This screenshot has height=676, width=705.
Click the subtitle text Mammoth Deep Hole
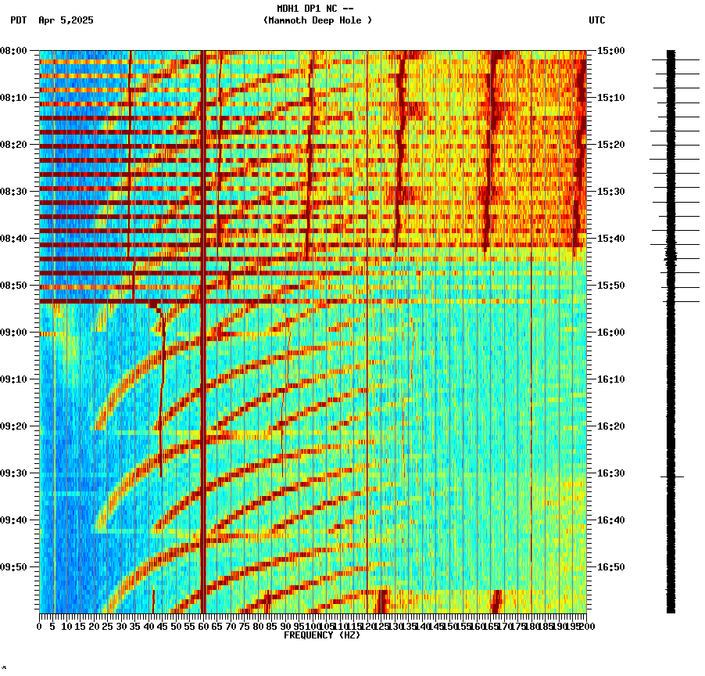tap(317, 20)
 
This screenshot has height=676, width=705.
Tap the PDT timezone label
tap(18, 20)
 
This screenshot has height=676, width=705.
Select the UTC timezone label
tap(597, 20)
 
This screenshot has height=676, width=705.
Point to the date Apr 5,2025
tap(66, 20)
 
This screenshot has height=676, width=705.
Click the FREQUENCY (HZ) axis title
tap(322, 635)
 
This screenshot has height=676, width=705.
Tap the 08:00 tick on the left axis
tap(14, 51)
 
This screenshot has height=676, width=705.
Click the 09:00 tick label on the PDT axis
tap(14, 333)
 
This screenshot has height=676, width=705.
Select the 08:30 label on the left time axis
tap(14, 192)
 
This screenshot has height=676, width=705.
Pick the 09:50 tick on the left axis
tap(14, 567)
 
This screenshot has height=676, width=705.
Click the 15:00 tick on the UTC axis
tap(611, 51)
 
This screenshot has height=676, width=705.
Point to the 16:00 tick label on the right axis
tap(611, 333)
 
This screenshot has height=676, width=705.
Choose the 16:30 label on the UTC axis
tap(611, 473)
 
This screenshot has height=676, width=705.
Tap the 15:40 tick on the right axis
tap(611, 239)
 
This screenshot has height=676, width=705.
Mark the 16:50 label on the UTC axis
tap(611, 567)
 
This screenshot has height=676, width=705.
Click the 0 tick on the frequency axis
tap(40, 627)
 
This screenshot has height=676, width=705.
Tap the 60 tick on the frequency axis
tap(203, 627)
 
